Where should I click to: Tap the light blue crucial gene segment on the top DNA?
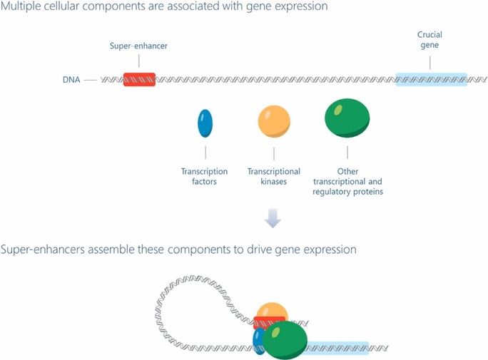click(x=431, y=79)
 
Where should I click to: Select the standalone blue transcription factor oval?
click(x=205, y=123)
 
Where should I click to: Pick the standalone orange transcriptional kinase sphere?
click(x=274, y=120)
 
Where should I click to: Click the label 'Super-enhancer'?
click(x=139, y=46)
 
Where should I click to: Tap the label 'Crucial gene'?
click(x=431, y=40)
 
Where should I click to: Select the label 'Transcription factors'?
click(x=205, y=176)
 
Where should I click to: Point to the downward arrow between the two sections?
click(x=273, y=220)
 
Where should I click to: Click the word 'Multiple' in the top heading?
click(x=21, y=8)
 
